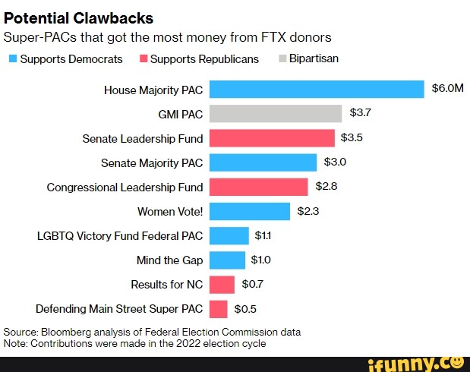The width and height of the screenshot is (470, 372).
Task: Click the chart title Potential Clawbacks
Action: click(x=79, y=18)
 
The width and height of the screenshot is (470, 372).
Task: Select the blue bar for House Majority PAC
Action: click(x=316, y=90)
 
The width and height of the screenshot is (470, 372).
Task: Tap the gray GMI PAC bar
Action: click(x=275, y=114)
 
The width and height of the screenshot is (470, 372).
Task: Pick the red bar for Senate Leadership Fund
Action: click(x=271, y=138)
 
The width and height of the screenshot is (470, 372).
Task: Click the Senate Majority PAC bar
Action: click(x=262, y=162)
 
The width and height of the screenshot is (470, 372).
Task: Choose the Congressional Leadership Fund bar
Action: click(x=258, y=187)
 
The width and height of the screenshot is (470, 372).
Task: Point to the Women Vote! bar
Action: click(x=249, y=211)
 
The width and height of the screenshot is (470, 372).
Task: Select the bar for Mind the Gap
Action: click(x=227, y=260)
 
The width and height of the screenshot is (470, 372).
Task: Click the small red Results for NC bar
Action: click(x=222, y=285)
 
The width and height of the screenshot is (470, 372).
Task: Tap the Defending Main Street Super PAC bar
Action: click(x=218, y=309)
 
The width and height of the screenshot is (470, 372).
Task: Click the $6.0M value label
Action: click(x=447, y=89)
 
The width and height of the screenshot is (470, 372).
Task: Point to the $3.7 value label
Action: click(x=360, y=113)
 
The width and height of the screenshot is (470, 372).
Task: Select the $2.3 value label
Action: click(x=308, y=211)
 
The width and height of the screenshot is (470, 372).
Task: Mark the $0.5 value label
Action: click(x=245, y=309)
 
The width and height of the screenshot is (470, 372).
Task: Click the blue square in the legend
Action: click(x=12, y=58)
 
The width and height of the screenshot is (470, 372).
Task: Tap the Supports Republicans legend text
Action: click(x=204, y=58)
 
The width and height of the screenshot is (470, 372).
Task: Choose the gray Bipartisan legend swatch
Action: click(x=282, y=58)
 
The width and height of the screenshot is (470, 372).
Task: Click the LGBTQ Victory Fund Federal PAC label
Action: click(x=120, y=236)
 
